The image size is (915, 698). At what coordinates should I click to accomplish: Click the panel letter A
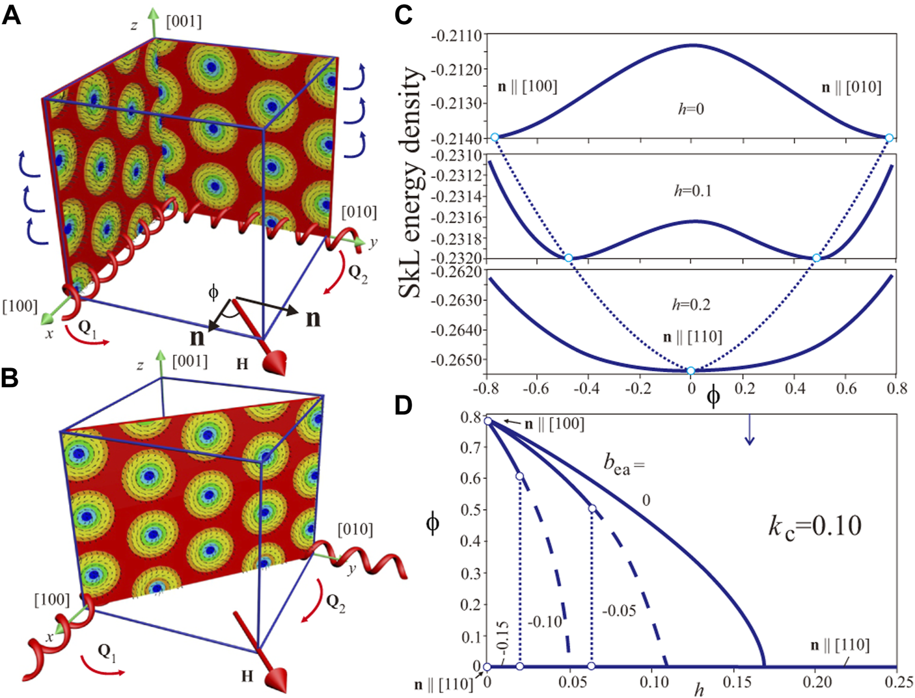(x=11, y=14)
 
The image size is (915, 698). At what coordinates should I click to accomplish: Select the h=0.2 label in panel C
(x=691, y=304)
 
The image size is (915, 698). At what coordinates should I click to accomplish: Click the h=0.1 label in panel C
(x=692, y=191)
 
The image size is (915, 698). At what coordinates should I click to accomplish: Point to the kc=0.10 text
(x=815, y=525)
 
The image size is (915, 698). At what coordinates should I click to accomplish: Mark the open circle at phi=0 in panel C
(x=691, y=371)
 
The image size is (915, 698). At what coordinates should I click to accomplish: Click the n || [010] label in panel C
(x=851, y=88)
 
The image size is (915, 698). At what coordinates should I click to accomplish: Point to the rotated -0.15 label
(x=502, y=639)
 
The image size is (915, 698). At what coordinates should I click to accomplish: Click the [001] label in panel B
(x=189, y=361)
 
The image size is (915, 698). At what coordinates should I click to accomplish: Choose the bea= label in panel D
(x=623, y=463)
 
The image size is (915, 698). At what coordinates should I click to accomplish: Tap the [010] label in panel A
(x=359, y=212)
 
